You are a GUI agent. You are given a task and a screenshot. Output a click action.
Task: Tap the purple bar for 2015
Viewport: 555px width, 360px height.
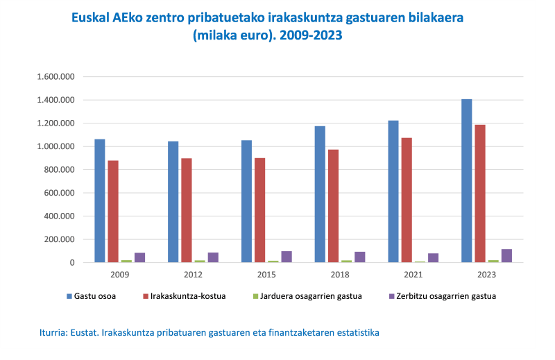tap(287, 257)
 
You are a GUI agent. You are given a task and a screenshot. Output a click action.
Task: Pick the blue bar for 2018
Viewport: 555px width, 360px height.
tap(320, 194)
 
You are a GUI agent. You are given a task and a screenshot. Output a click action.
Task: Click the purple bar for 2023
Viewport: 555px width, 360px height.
tap(506, 255)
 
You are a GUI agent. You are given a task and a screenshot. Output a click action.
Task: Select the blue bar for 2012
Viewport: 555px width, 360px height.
tap(173, 202)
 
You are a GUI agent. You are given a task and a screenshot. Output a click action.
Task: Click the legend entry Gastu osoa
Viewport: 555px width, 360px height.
tap(95, 296)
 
